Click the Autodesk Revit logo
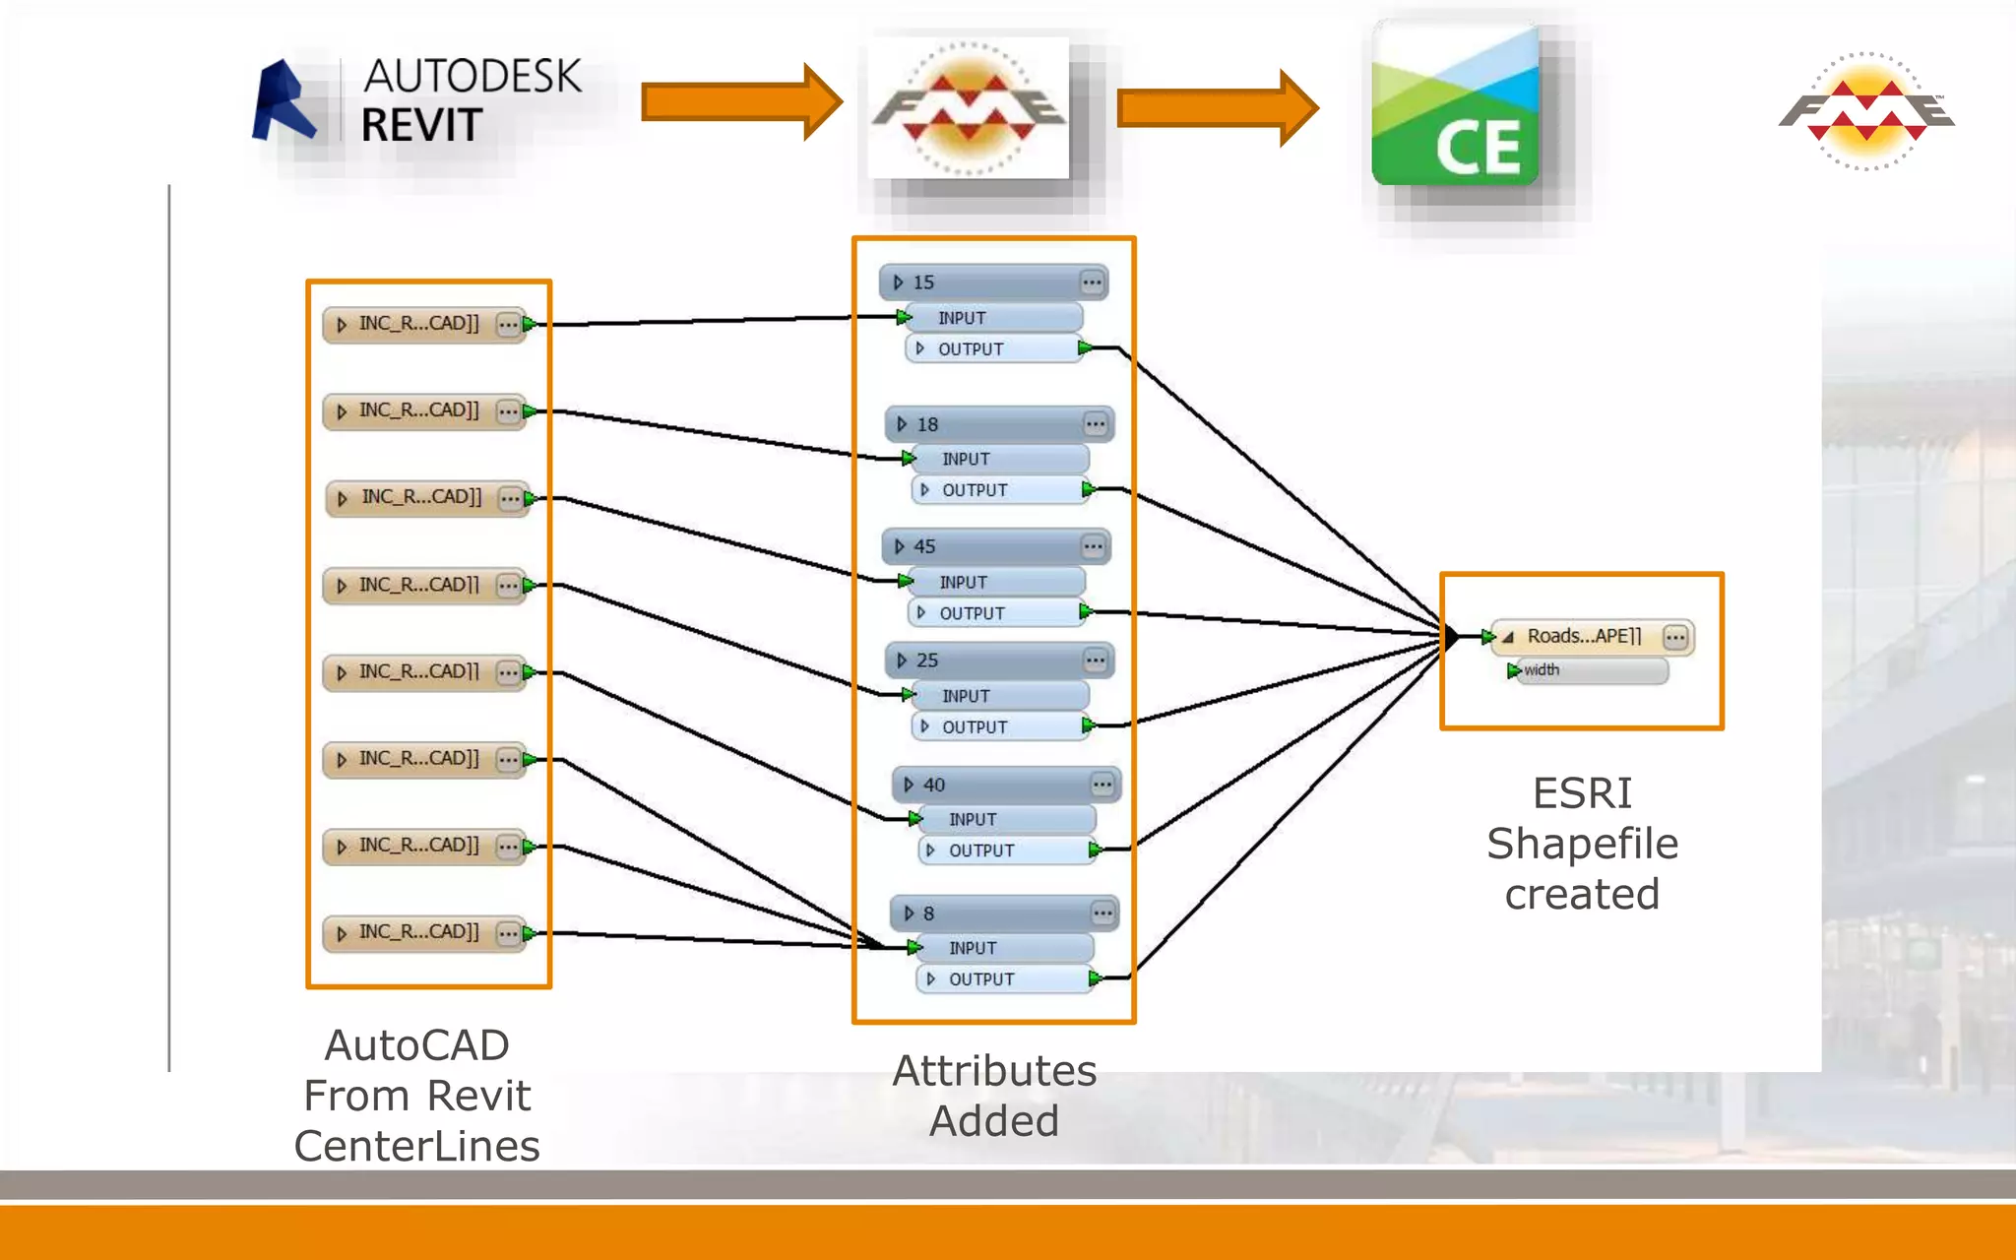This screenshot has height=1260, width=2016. point(418,101)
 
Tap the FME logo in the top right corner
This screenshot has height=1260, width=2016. point(1866,111)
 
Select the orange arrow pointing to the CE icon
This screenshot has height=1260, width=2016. point(1217,107)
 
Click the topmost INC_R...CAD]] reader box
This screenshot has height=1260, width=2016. point(424,324)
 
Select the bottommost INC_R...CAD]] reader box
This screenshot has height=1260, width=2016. point(424,932)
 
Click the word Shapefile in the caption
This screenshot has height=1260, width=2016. point(1582,844)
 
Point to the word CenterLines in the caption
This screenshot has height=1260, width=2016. point(416,1146)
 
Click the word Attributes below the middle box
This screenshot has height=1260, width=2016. point(993,1071)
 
